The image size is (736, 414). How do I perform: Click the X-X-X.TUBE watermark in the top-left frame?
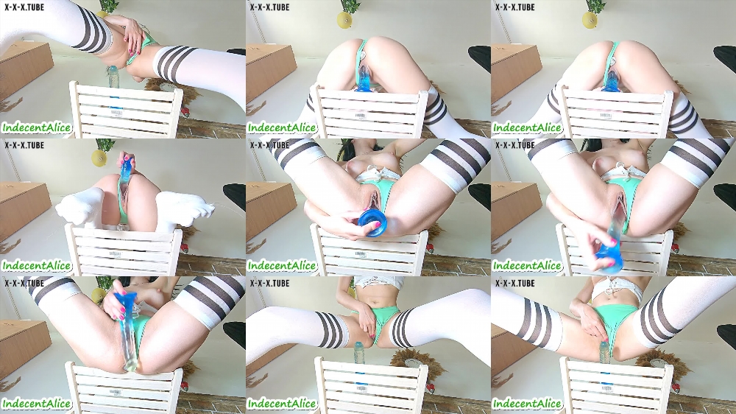coord(24,7)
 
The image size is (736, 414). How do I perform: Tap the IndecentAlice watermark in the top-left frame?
coord(37,128)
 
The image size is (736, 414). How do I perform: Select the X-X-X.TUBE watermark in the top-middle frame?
coord(269,7)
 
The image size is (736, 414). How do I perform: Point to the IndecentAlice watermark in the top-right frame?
coord(527,128)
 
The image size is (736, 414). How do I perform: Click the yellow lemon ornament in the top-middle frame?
coord(344,19)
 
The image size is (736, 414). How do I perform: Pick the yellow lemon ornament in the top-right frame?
coord(590,19)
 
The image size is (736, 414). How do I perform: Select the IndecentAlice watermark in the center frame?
coord(282,266)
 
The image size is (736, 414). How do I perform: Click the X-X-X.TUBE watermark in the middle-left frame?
coord(24,145)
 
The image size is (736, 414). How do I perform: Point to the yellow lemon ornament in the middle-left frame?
coord(99,156)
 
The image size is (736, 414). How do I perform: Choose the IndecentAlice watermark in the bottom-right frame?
coord(527,404)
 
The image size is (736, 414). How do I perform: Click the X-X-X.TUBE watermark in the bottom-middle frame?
coord(269,284)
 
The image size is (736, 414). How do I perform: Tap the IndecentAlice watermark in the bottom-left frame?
coord(37,404)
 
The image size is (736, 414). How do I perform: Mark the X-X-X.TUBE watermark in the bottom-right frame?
coord(515,284)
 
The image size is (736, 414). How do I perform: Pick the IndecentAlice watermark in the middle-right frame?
coord(527,266)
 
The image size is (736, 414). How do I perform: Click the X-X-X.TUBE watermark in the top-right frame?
coord(515,7)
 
